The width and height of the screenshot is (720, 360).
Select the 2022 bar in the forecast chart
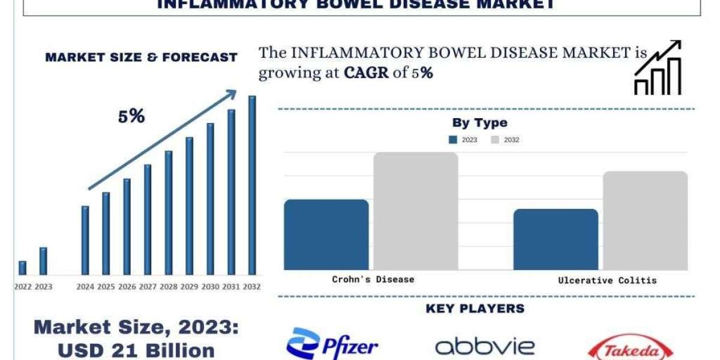(22, 268)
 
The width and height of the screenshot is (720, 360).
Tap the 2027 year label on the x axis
(148, 287)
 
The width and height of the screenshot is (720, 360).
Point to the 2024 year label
(85, 287)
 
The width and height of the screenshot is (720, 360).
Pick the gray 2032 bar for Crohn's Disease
(416, 211)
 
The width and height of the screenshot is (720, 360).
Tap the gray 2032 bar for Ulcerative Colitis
(645, 220)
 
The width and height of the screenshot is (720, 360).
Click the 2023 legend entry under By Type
(463, 140)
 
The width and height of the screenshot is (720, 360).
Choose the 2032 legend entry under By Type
(505, 140)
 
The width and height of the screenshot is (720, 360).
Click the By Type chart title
(479, 123)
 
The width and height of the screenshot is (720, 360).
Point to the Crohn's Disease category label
(373, 279)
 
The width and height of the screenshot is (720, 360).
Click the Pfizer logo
(332, 345)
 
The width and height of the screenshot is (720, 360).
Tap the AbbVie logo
(485, 346)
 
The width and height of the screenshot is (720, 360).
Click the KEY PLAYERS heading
(475, 308)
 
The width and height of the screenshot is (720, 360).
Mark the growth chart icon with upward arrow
(658, 67)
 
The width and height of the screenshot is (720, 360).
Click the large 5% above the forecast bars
(131, 116)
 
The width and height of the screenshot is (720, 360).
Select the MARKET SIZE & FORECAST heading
(141, 58)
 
